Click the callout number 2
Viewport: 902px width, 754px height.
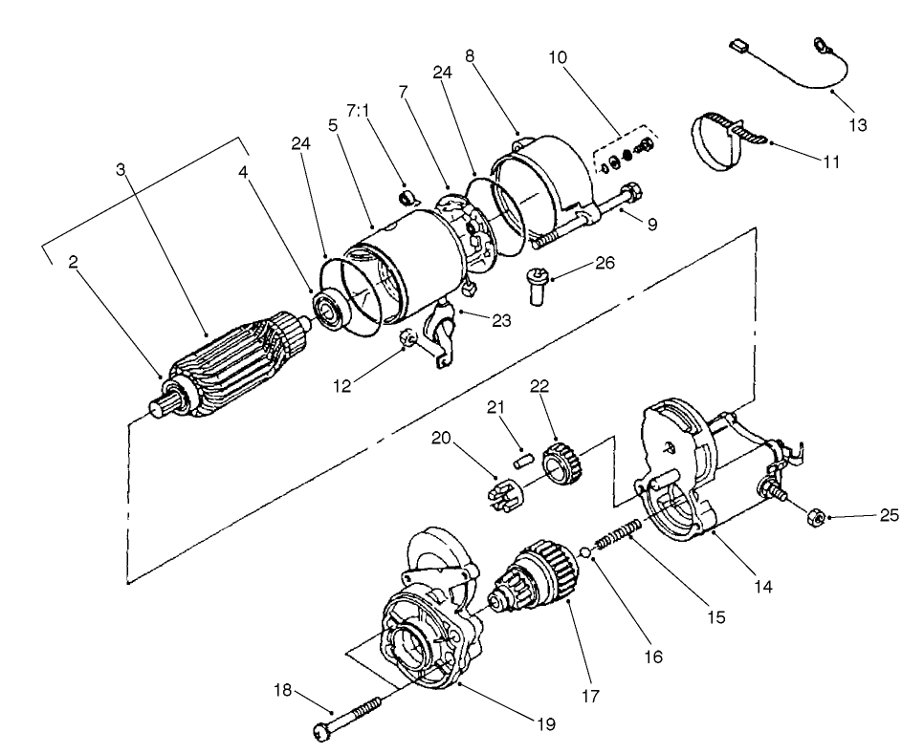pos(72,263)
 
